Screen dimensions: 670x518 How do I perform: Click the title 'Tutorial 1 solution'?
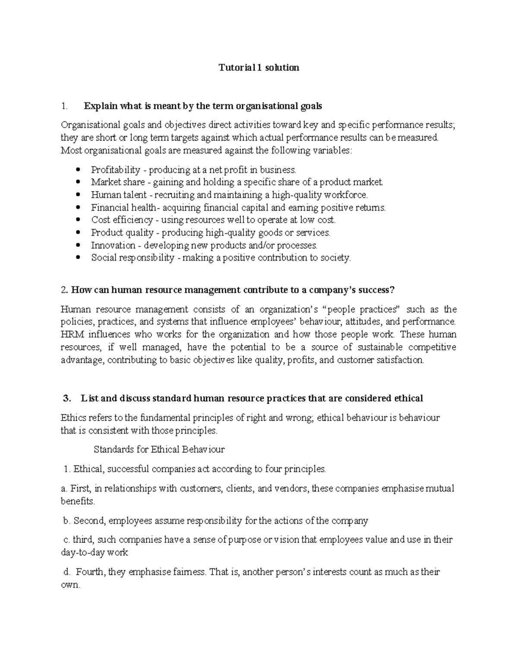coord(259,68)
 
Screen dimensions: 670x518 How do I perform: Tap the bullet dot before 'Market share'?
coord(78,182)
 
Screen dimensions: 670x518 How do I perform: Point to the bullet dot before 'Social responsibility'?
coord(78,258)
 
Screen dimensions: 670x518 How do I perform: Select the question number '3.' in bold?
coord(67,398)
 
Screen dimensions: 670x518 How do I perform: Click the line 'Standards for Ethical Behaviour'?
coord(159,450)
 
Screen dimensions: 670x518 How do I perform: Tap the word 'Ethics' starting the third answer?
coord(73,418)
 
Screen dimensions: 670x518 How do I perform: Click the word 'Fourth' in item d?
coord(89,572)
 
